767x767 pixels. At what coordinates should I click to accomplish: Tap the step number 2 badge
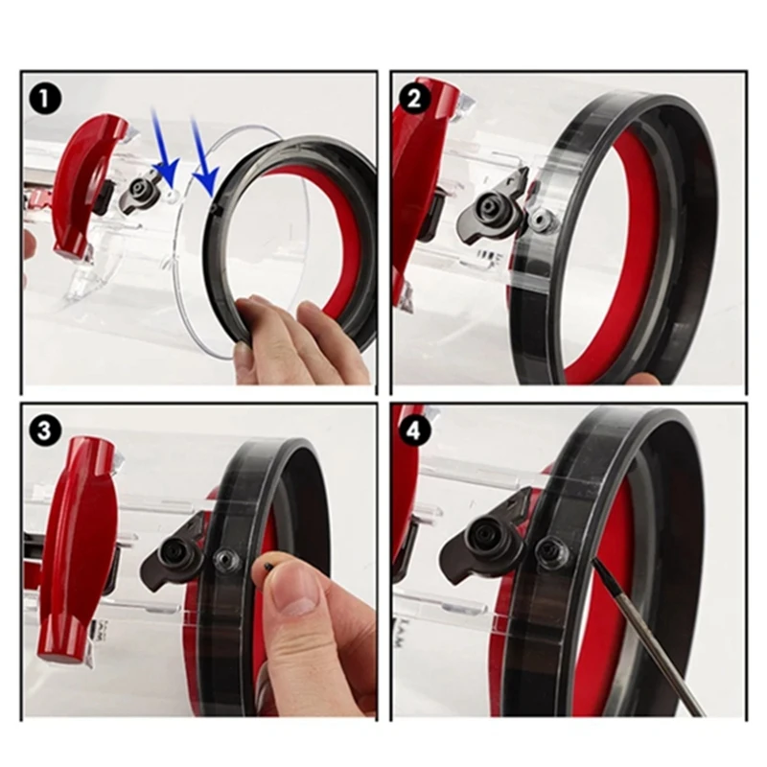414,97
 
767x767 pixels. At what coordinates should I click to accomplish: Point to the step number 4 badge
414,430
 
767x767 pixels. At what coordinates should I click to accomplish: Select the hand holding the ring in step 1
288,340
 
